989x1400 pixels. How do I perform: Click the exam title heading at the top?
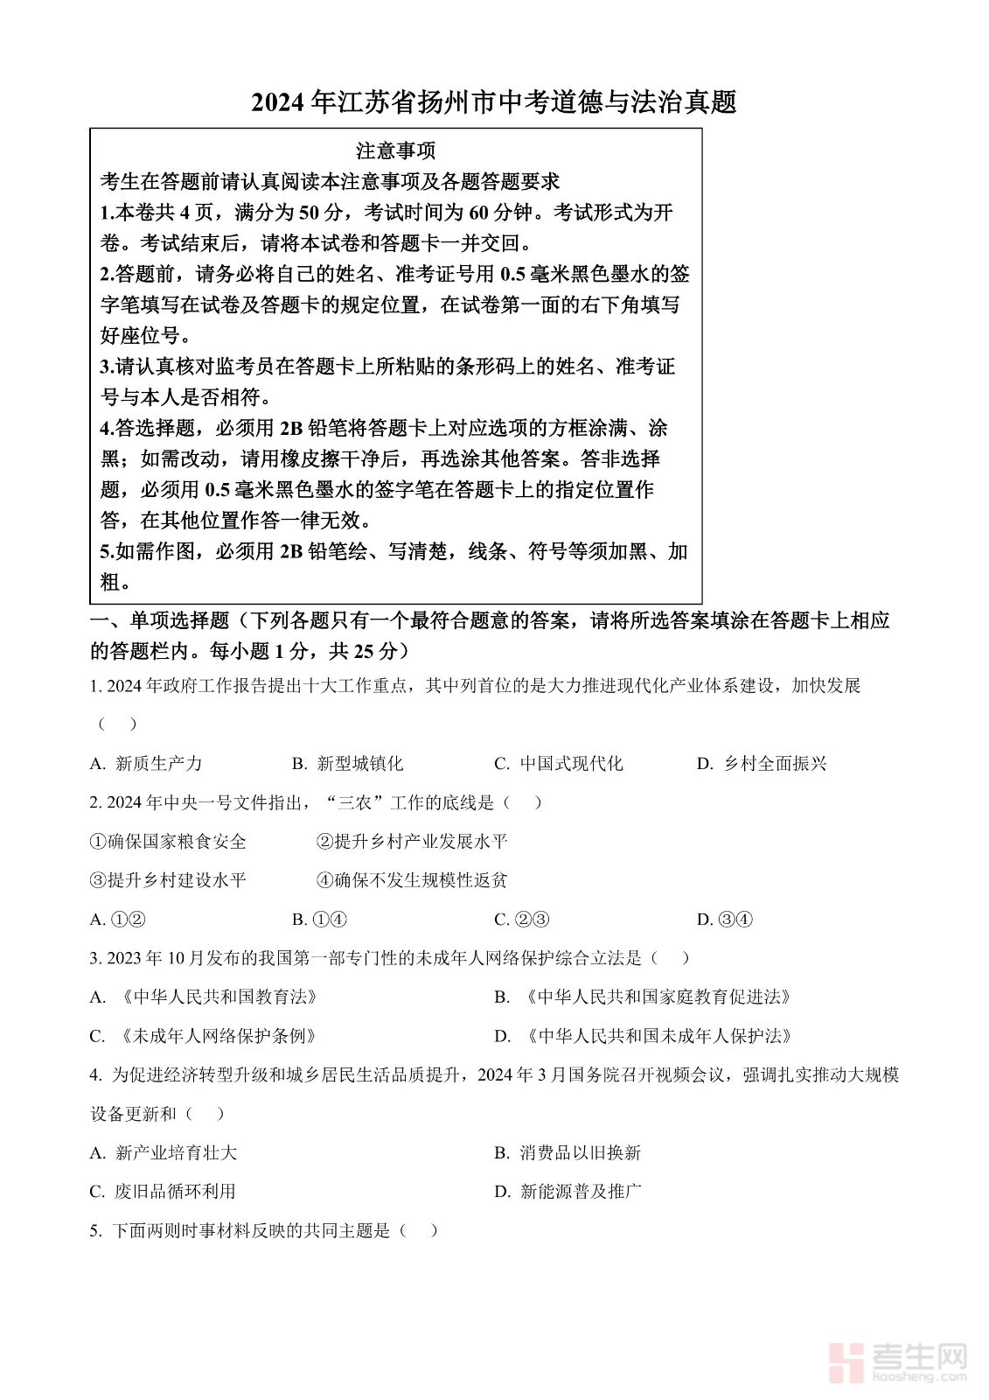[494, 102]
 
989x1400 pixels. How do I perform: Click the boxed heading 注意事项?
[395, 150]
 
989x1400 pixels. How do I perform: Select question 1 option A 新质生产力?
[146, 763]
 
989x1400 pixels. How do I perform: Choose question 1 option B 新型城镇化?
[347, 763]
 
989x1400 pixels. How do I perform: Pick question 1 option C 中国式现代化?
[559, 763]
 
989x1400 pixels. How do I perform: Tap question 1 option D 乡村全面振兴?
[762, 763]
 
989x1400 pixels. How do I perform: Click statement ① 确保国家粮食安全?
[168, 841]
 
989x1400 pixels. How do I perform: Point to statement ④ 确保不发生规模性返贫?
[412, 879]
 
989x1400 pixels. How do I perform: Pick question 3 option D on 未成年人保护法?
[644, 1036]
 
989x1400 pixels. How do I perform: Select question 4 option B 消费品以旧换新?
[568, 1152]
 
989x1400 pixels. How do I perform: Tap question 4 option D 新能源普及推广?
[568, 1191]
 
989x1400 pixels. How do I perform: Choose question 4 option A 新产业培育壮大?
[164, 1152]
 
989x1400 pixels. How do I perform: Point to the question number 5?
[95, 1230]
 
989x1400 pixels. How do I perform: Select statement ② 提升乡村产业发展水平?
[412, 841]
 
